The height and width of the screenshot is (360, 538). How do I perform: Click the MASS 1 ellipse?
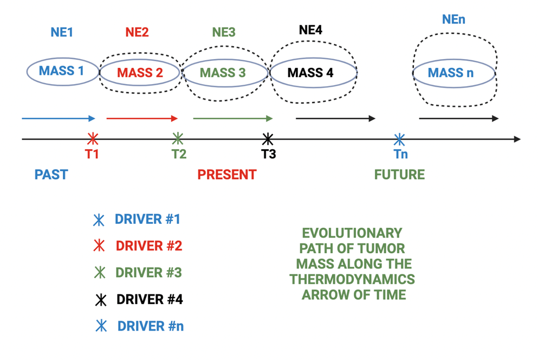[x=63, y=71]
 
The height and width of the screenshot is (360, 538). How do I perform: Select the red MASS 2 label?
[x=140, y=72]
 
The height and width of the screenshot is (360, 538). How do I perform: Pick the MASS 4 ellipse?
[x=313, y=72]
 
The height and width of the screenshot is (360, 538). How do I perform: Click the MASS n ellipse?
[x=454, y=72]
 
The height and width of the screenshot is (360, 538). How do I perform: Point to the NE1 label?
[x=62, y=33]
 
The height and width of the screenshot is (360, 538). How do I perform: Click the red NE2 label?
[x=137, y=33]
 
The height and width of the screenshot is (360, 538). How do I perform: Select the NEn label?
[x=453, y=20]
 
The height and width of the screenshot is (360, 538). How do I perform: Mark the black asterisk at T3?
[x=267, y=138]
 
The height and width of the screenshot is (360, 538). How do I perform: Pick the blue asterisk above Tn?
[x=400, y=139]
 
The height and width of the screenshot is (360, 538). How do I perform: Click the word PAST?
[x=51, y=175]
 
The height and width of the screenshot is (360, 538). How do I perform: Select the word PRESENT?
[x=226, y=175]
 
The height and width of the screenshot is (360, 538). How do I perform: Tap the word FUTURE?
[x=399, y=175]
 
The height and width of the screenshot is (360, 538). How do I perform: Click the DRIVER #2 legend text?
[x=149, y=246]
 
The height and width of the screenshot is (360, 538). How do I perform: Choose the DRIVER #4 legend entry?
[x=149, y=299]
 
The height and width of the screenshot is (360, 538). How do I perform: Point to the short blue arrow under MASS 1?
[x=59, y=118]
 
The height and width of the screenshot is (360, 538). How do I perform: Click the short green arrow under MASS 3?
[x=232, y=118]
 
